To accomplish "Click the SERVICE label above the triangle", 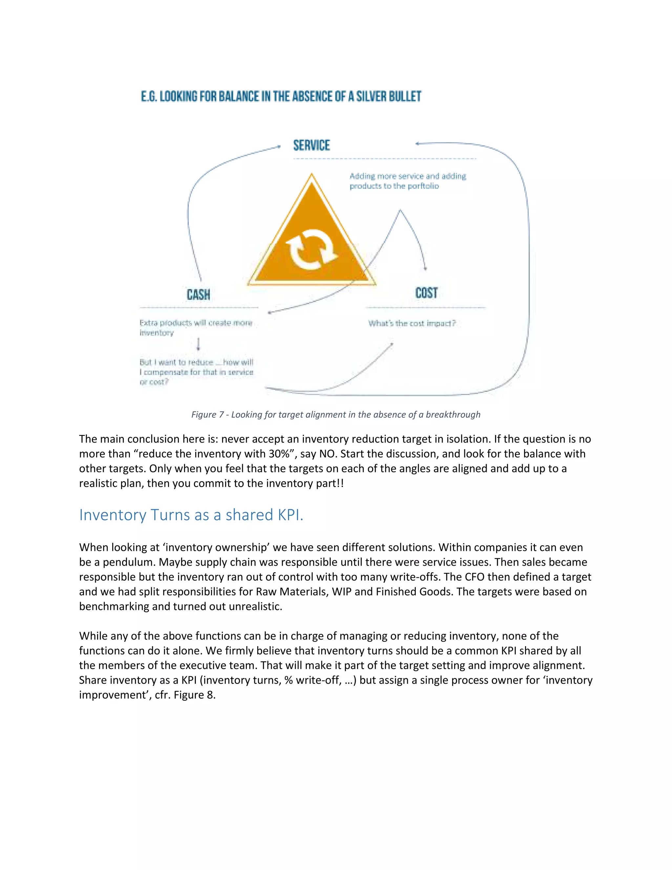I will (x=311, y=145).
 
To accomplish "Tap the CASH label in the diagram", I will (x=198, y=295).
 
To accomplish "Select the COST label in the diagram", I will (x=426, y=293).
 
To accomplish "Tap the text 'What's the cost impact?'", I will (x=412, y=323).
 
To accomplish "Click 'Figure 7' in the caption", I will (x=207, y=415).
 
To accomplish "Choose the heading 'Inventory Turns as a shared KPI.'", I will (x=191, y=515).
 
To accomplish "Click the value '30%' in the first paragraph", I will (x=282, y=454).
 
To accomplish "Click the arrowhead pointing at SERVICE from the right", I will (x=417, y=143).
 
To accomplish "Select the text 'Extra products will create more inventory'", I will (x=196, y=327).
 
